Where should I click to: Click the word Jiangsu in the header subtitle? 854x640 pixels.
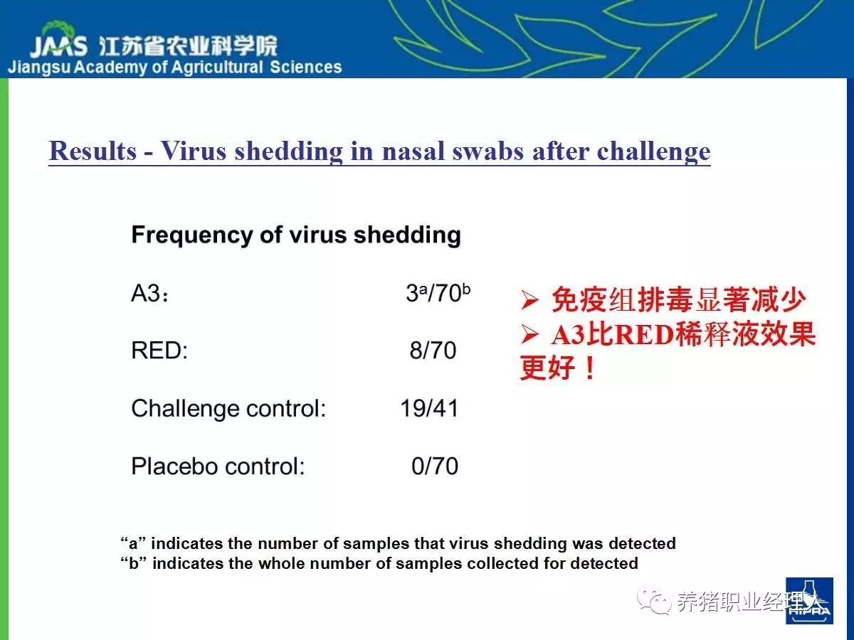point(39,68)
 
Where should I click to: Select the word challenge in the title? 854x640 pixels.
point(653,152)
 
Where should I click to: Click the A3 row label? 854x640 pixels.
point(149,293)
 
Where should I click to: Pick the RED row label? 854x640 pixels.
point(159,350)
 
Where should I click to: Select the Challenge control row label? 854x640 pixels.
point(228,409)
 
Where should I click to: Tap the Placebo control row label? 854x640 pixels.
point(218,466)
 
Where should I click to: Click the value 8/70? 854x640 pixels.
point(433,350)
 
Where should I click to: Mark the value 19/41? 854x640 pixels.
point(429,408)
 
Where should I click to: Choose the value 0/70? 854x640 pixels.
point(435,466)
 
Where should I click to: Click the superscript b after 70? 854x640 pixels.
point(466,289)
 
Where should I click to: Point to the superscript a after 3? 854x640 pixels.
point(423,290)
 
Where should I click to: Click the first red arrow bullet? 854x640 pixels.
point(530,299)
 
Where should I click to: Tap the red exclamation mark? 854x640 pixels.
point(590,368)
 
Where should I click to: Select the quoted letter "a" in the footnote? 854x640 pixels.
point(132,543)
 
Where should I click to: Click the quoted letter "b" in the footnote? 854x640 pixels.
point(134,562)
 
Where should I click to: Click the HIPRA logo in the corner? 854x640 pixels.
point(809,601)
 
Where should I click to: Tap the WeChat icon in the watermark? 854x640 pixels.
point(654,601)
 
